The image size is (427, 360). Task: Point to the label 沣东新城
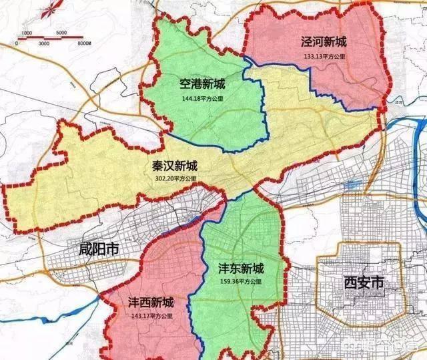[x=241, y=268]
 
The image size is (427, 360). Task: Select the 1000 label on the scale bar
[x=27, y=33]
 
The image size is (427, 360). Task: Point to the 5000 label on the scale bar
[x=61, y=33]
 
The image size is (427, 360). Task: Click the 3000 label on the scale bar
[x=43, y=43]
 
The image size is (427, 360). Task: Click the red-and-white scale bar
[x=51, y=38]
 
